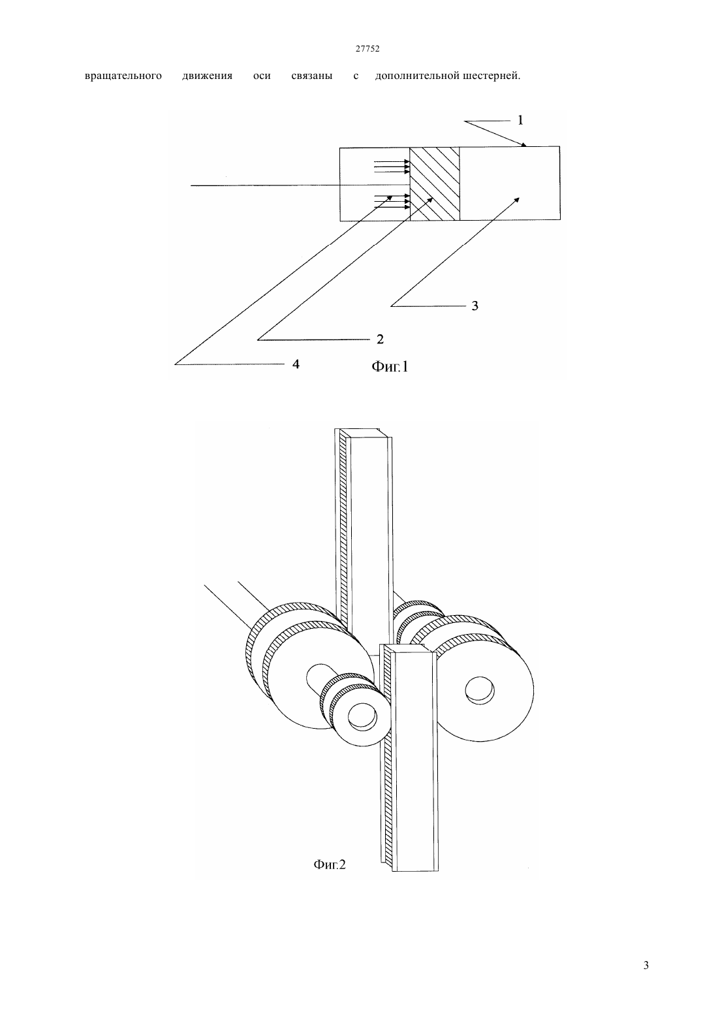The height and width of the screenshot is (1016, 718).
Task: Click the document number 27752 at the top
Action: click(x=367, y=49)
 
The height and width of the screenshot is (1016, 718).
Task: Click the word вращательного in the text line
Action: click(x=123, y=76)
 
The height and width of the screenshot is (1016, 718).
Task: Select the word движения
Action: click(x=207, y=76)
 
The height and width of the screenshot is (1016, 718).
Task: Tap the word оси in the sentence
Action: click(x=262, y=76)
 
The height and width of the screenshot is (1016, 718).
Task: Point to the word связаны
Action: click(x=311, y=76)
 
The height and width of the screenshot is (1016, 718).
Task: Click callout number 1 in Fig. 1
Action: click(x=520, y=120)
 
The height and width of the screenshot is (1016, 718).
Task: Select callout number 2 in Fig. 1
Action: click(x=380, y=339)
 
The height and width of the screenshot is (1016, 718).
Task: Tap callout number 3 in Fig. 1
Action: click(x=475, y=306)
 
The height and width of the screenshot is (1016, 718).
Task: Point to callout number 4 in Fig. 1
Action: click(x=296, y=364)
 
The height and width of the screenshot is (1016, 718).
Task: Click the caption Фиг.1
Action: click(x=390, y=366)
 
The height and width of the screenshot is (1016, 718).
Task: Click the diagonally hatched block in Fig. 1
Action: click(x=434, y=183)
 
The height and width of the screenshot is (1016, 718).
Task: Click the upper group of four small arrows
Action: click(x=391, y=167)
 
